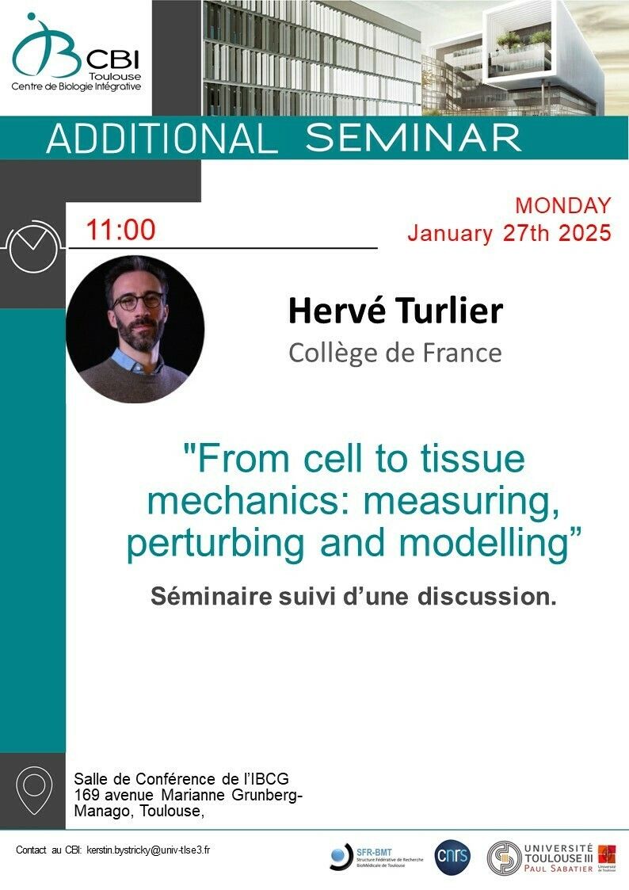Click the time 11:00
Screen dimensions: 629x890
(x=120, y=230)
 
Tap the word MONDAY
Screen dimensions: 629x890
(x=563, y=205)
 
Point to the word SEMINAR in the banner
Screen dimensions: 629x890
(x=413, y=138)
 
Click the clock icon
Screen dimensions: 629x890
(x=33, y=247)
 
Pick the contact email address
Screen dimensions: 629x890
(x=148, y=850)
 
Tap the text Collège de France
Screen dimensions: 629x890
(x=395, y=353)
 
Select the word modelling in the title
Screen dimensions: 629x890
(x=484, y=543)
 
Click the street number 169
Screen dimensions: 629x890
(x=86, y=795)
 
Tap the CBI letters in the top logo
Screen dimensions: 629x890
(x=114, y=59)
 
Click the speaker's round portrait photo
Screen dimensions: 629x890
(x=135, y=329)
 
